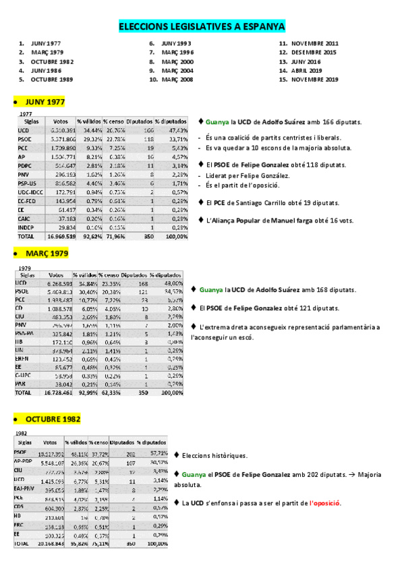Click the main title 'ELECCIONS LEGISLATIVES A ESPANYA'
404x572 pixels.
(x=202, y=26)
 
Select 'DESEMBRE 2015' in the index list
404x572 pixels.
(x=314, y=52)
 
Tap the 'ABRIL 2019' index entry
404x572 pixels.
(x=307, y=70)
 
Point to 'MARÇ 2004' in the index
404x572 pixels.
(x=178, y=70)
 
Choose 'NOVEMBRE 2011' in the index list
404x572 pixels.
(x=314, y=43)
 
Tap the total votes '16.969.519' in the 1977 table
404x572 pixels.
(x=61, y=237)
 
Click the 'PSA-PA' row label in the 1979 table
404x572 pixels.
(x=24, y=333)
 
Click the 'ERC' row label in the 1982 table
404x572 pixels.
(x=20, y=524)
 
